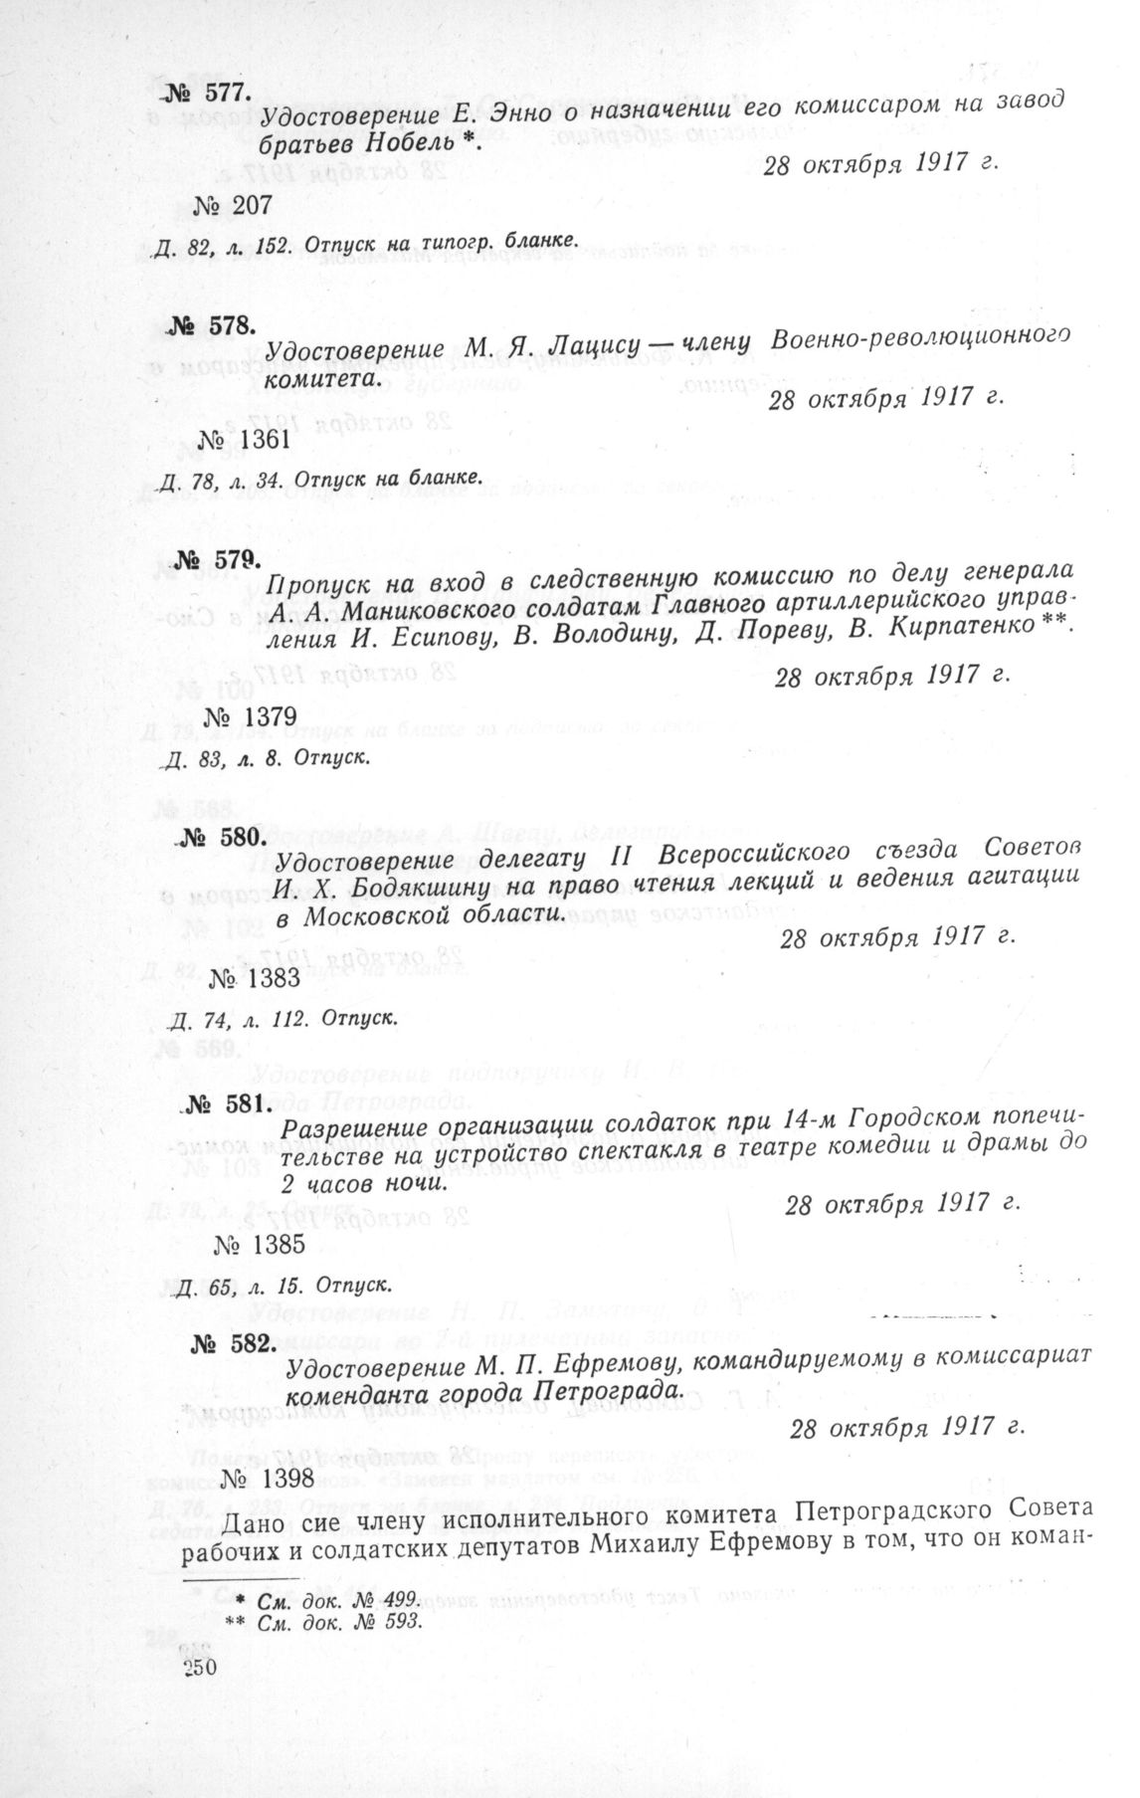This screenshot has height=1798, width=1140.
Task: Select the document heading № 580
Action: pos(219,835)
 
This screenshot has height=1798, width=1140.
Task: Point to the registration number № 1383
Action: pos(255,977)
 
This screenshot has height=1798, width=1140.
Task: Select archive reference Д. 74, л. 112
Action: pos(238,1019)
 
